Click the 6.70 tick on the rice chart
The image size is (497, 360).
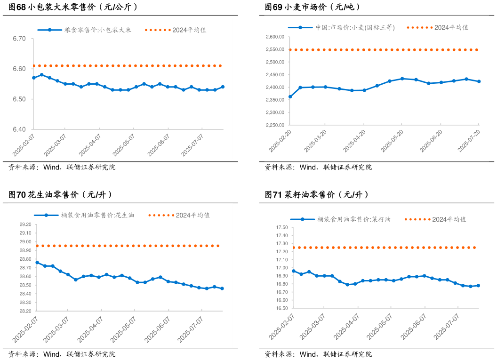19,39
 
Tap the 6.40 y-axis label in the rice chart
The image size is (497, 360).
19,129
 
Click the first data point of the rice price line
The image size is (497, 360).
33,78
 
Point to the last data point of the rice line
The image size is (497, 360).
223,87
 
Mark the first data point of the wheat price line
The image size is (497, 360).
290,97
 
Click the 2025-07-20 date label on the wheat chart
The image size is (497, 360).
470,140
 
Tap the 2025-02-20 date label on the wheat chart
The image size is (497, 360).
280,140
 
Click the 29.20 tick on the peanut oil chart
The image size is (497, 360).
25,224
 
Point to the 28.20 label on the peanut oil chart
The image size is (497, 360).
25,311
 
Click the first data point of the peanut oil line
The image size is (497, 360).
37,263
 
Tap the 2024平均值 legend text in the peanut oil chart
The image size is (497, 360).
193,215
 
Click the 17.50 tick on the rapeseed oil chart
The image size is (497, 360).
281,228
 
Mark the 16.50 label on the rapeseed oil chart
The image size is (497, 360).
281,308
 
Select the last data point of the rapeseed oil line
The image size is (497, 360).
478,286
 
